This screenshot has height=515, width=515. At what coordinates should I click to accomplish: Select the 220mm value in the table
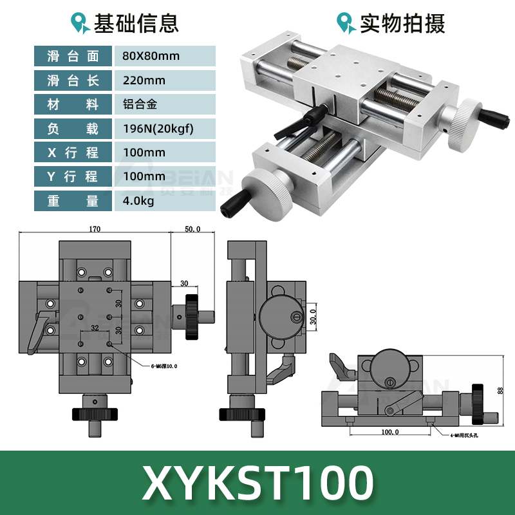(x=144, y=80)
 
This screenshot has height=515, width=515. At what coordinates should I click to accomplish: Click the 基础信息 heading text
(x=136, y=24)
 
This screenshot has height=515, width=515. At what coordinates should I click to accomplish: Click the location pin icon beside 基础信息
(x=80, y=24)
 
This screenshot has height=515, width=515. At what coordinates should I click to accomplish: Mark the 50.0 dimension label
(x=193, y=229)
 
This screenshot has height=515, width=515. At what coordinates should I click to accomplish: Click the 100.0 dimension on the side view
(x=390, y=432)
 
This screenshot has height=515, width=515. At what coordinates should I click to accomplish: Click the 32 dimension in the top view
(x=95, y=328)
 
